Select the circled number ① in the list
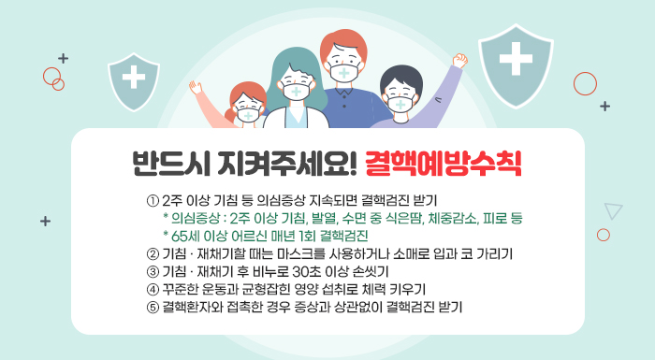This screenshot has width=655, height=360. (x=153, y=201)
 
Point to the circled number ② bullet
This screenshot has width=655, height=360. (x=153, y=253)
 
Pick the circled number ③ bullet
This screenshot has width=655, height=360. (x=153, y=271)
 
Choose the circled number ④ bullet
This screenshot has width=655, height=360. (x=153, y=289)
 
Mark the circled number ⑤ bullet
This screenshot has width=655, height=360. (x=153, y=306)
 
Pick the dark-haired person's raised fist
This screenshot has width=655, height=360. (x=459, y=61)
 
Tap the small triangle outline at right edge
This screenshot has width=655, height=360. (x=613, y=210)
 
